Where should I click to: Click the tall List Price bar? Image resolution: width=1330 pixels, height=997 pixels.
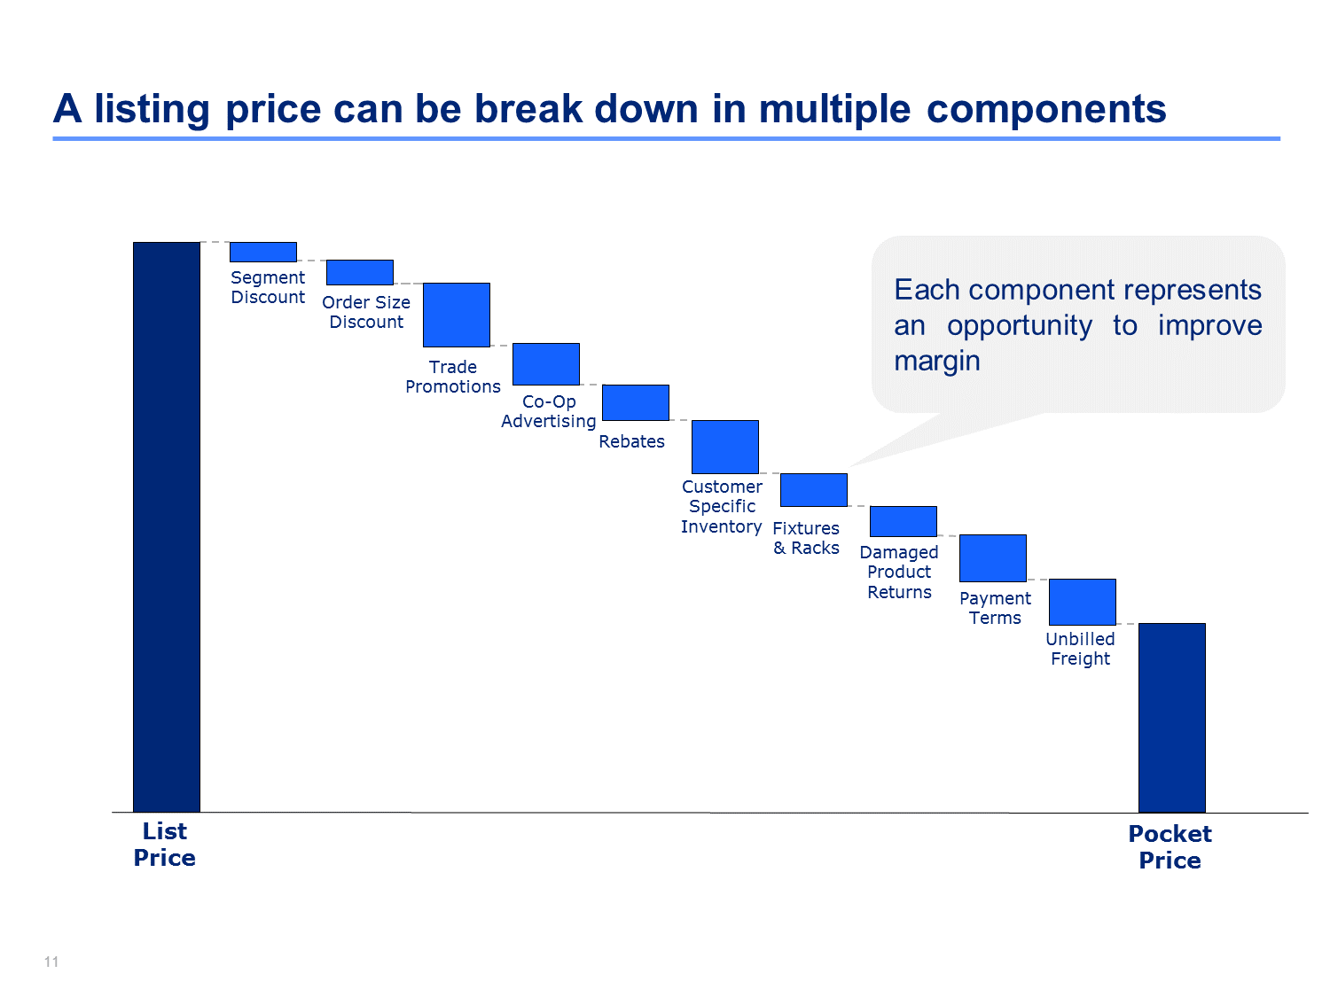coord(166,526)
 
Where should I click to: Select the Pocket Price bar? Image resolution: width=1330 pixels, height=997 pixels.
coord(1171,717)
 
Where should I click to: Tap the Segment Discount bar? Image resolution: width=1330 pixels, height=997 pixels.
coord(263,252)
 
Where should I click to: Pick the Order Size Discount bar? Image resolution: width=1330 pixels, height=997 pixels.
coord(359,272)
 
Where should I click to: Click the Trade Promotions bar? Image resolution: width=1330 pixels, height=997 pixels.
coord(457,315)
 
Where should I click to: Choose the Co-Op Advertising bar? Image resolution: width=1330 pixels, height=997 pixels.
coord(546,364)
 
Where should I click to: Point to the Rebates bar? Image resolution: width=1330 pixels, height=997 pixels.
coord(636,402)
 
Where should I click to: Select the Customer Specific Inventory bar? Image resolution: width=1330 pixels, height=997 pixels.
coord(724,447)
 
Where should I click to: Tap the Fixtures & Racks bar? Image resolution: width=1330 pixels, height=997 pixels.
coord(814,490)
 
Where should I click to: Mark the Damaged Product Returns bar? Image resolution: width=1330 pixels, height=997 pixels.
coord(903,521)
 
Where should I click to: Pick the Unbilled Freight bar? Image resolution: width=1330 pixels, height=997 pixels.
coord(1083,602)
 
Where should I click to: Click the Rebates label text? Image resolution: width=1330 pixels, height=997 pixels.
coord(631,441)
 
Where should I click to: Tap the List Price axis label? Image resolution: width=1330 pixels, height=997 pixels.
coord(164,845)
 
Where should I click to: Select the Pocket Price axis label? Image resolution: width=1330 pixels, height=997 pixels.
coord(1170,847)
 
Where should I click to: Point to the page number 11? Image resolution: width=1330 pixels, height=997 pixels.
coord(51,962)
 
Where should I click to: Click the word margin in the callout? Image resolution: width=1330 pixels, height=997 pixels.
coord(936,362)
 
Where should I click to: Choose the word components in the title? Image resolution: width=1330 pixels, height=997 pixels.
coord(1045,109)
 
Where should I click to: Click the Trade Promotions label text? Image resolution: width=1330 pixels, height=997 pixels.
coord(452,377)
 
